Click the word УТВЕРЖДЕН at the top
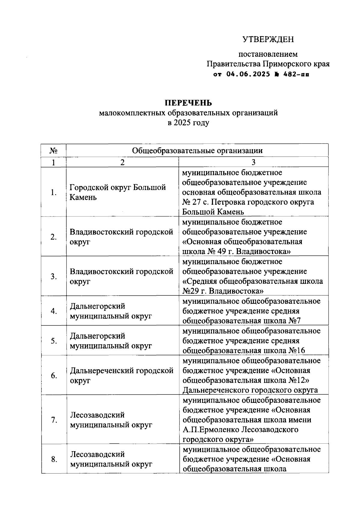pos(268,39)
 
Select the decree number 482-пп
pos(296,74)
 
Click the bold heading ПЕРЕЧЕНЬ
pos(188,103)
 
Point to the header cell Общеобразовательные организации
pos(197,150)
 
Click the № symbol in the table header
pos(53,150)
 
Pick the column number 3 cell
pos(253,162)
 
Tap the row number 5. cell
pos(54,341)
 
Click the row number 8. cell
pos(54,459)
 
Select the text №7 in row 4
pos(295,321)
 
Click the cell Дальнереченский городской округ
pos(121,375)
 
